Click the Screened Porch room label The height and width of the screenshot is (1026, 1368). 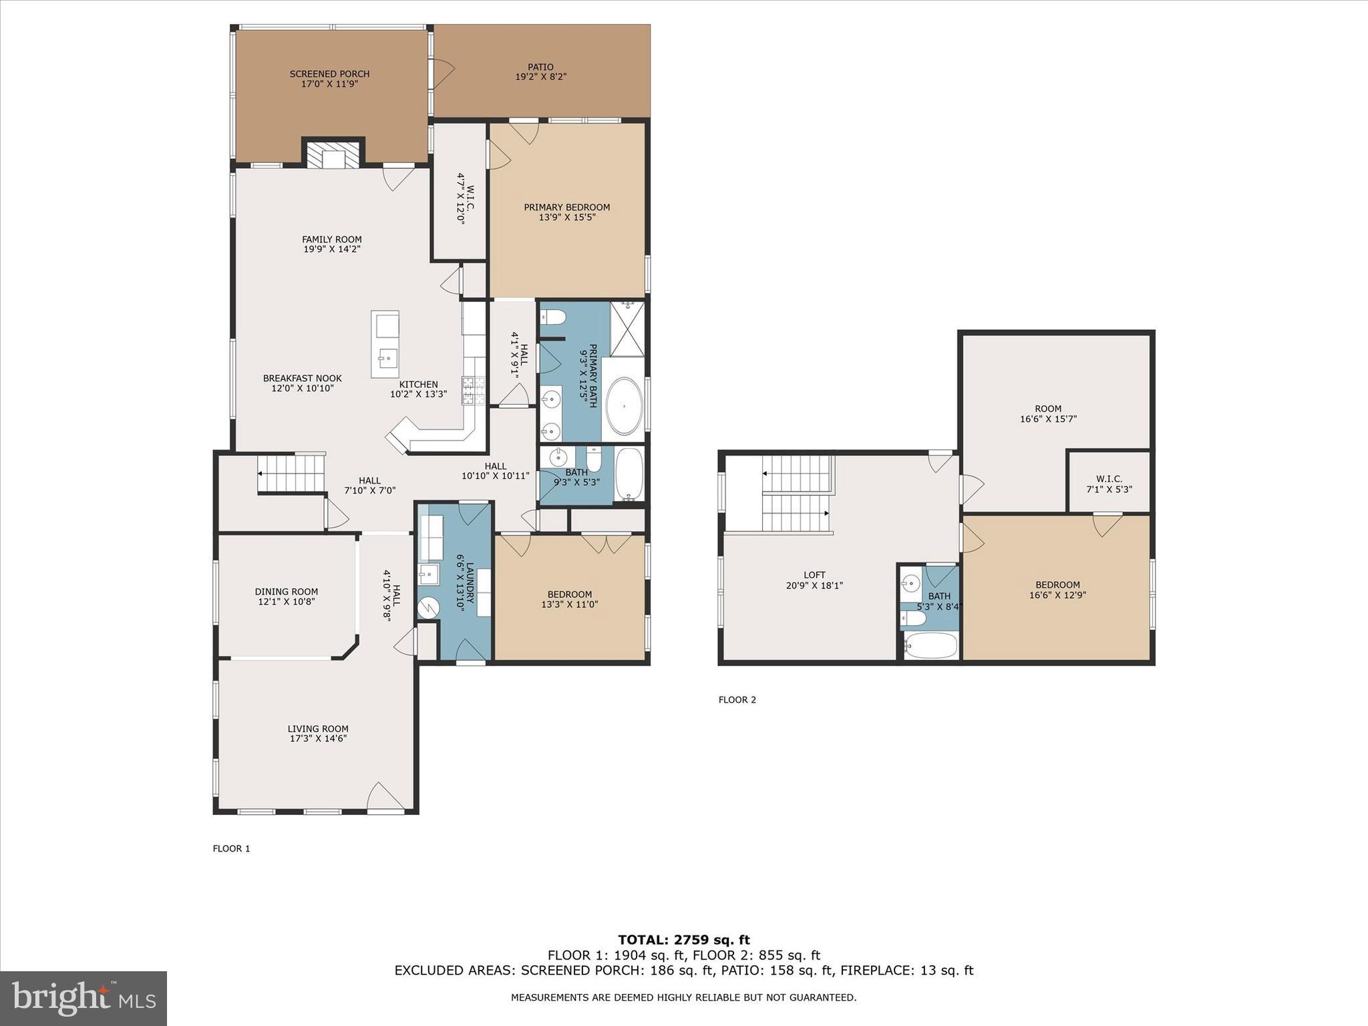point(329,74)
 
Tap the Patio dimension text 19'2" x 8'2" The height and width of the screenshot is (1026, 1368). point(540,77)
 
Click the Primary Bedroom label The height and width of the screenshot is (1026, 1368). point(566,207)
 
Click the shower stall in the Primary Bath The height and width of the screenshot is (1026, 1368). point(627,329)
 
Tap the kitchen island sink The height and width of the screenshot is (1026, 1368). point(386,358)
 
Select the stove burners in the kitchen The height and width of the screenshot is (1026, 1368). point(474,390)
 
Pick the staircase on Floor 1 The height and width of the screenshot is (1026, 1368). point(291,473)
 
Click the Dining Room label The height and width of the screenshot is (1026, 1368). point(286,592)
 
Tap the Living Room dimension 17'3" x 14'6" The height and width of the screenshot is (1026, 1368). point(317,739)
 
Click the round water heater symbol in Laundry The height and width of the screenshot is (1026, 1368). point(427,607)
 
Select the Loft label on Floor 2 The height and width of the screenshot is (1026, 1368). point(814,575)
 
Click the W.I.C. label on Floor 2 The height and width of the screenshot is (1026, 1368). point(1109,479)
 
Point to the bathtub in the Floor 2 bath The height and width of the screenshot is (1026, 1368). point(930,646)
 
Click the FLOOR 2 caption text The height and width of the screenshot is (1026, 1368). point(737,700)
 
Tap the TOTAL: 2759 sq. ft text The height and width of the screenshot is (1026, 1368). point(683,940)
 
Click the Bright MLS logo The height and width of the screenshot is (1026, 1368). point(83,998)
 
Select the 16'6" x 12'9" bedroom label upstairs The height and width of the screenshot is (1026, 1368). point(1057,594)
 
